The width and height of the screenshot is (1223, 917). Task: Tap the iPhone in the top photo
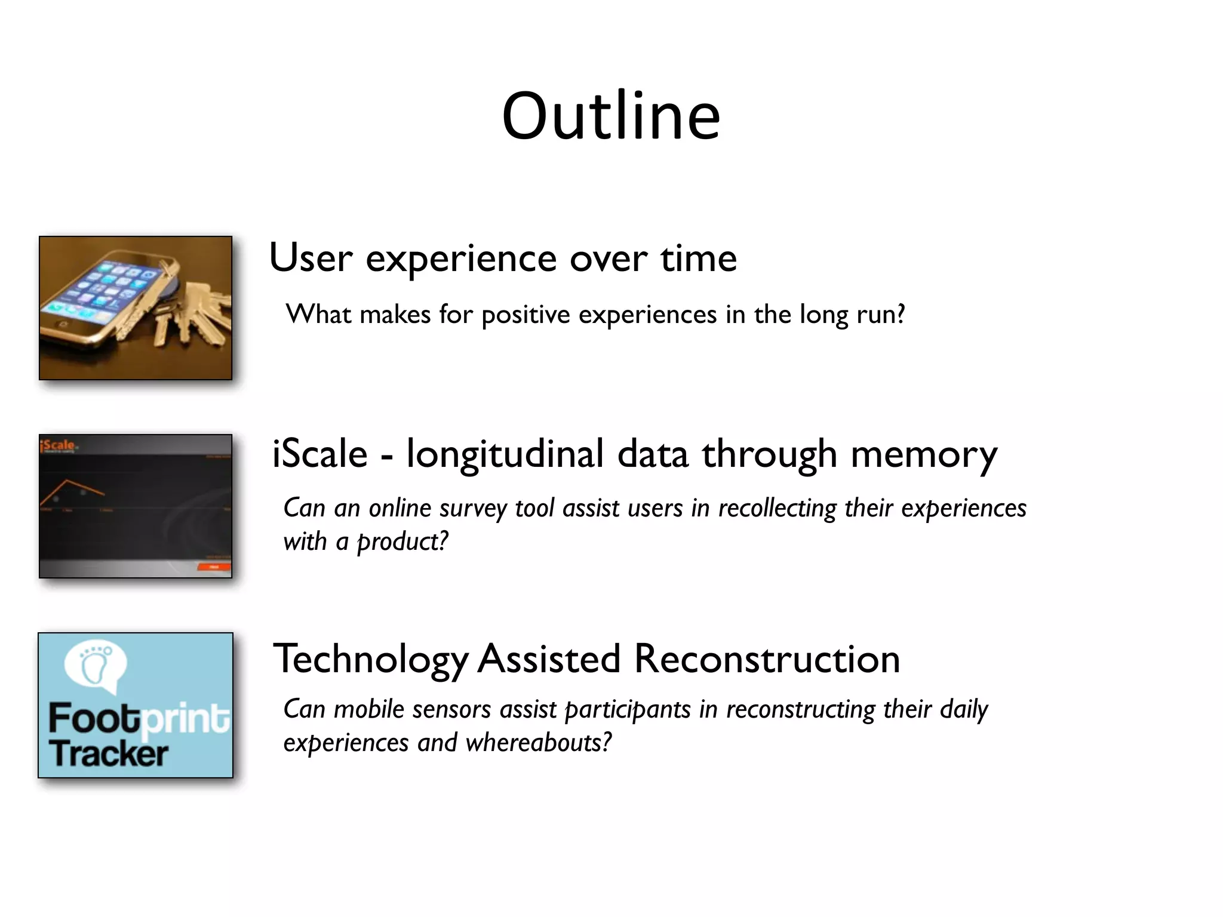tap(110, 299)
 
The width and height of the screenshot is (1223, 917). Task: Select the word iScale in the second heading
tap(319, 454)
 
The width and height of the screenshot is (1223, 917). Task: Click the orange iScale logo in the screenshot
tap(58, 445)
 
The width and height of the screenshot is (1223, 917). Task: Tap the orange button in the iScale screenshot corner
tap(214, 567)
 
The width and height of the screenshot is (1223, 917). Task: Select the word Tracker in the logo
tap(109, 753)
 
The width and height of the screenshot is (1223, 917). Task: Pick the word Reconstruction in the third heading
tap(767, 659)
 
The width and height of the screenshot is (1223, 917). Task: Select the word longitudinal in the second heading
tap(505, 455)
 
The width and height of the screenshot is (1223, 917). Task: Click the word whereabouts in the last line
tap(538, 743)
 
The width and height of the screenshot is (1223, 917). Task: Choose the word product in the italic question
tap(401, 542)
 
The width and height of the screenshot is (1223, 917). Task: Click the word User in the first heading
tap(311, 258)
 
